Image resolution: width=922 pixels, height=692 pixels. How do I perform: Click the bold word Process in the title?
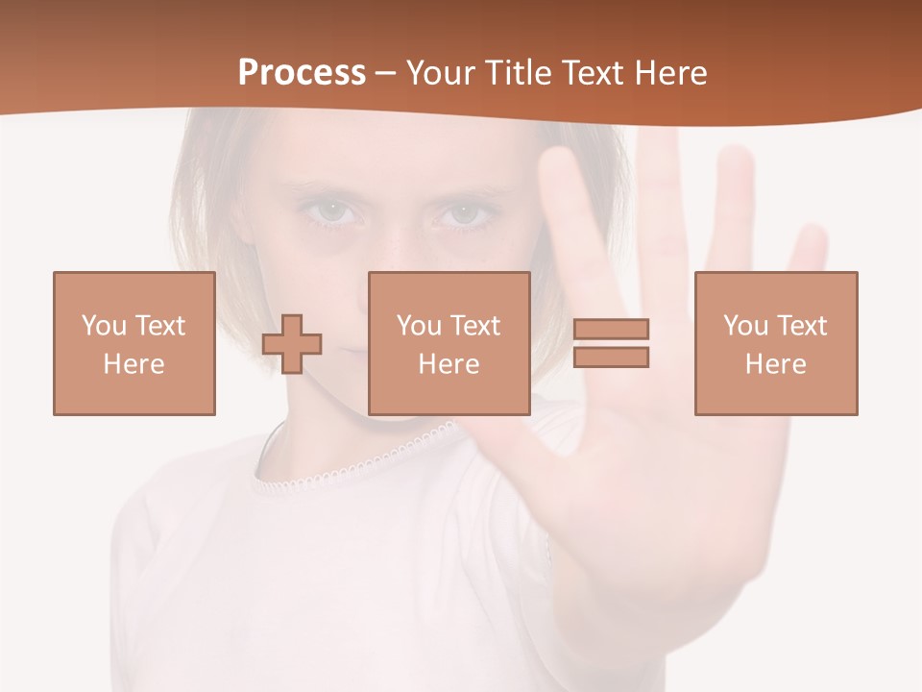302,73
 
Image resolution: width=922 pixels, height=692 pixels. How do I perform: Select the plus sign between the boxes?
292,344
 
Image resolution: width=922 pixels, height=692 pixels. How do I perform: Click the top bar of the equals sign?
611,329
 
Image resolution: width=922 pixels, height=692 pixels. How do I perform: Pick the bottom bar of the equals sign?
611,358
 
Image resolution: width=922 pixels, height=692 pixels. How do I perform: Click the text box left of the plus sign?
133,343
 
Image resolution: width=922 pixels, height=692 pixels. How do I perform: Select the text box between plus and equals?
449,343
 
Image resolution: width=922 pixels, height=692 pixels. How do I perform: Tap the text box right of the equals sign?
775,343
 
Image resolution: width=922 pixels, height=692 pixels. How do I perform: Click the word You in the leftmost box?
103,325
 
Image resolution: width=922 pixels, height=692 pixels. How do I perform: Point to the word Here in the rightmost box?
775,364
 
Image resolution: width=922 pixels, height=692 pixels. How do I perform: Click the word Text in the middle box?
475,325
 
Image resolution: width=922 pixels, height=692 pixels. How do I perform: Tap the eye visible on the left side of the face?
333,211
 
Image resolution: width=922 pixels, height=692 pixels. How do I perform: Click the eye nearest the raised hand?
464,213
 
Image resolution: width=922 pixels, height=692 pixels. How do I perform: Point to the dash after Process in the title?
386,73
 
